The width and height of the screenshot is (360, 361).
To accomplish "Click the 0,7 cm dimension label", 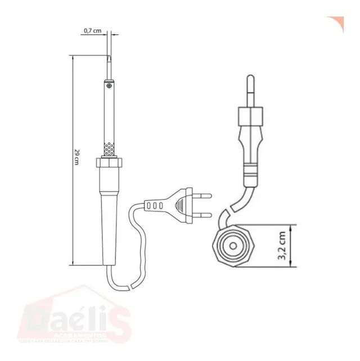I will point(92,31).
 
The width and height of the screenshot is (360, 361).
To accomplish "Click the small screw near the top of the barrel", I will point(108,86).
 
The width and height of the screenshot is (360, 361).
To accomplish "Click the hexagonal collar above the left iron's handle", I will point(109,163).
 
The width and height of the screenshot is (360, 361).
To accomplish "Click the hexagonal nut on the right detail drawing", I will point(249,116).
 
